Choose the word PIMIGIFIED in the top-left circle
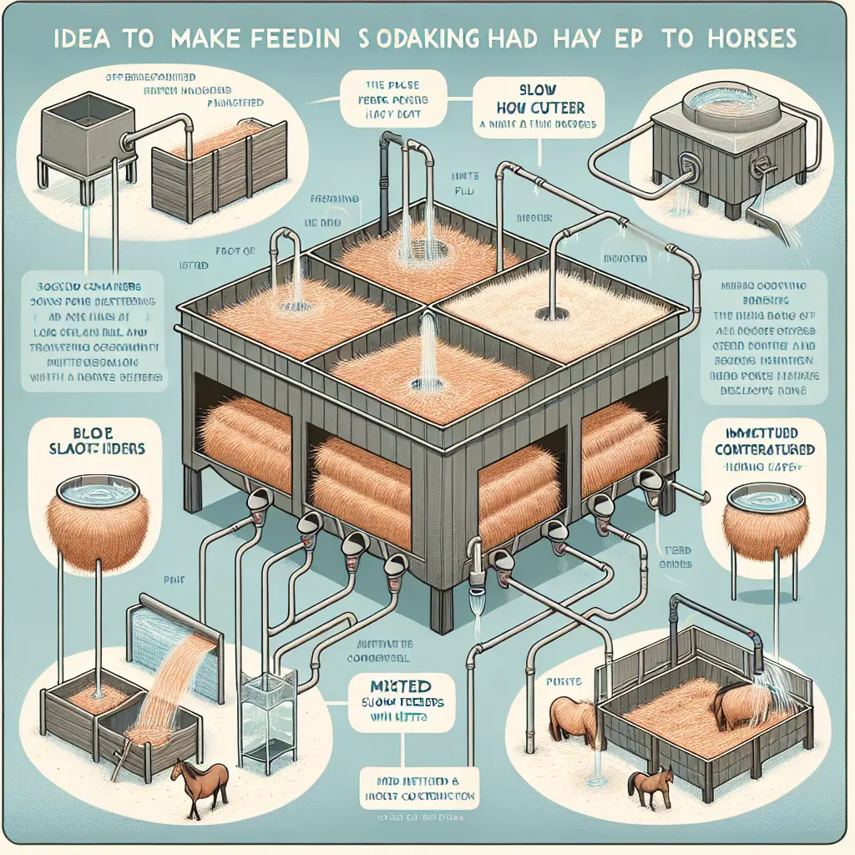[235, 103]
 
